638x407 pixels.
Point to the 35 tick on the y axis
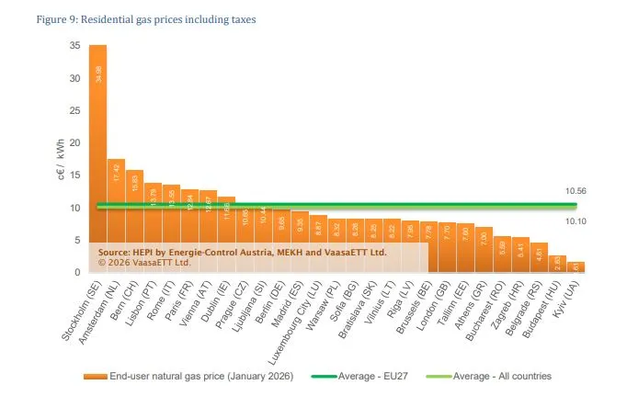click(74, 46)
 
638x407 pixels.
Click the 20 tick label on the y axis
click(74, 143)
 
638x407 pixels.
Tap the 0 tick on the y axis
click(77, 273)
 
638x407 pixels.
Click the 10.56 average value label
click(576, 191)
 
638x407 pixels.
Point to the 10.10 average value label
click(576, 220)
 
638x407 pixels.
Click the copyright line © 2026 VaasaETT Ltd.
click(144, 261)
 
